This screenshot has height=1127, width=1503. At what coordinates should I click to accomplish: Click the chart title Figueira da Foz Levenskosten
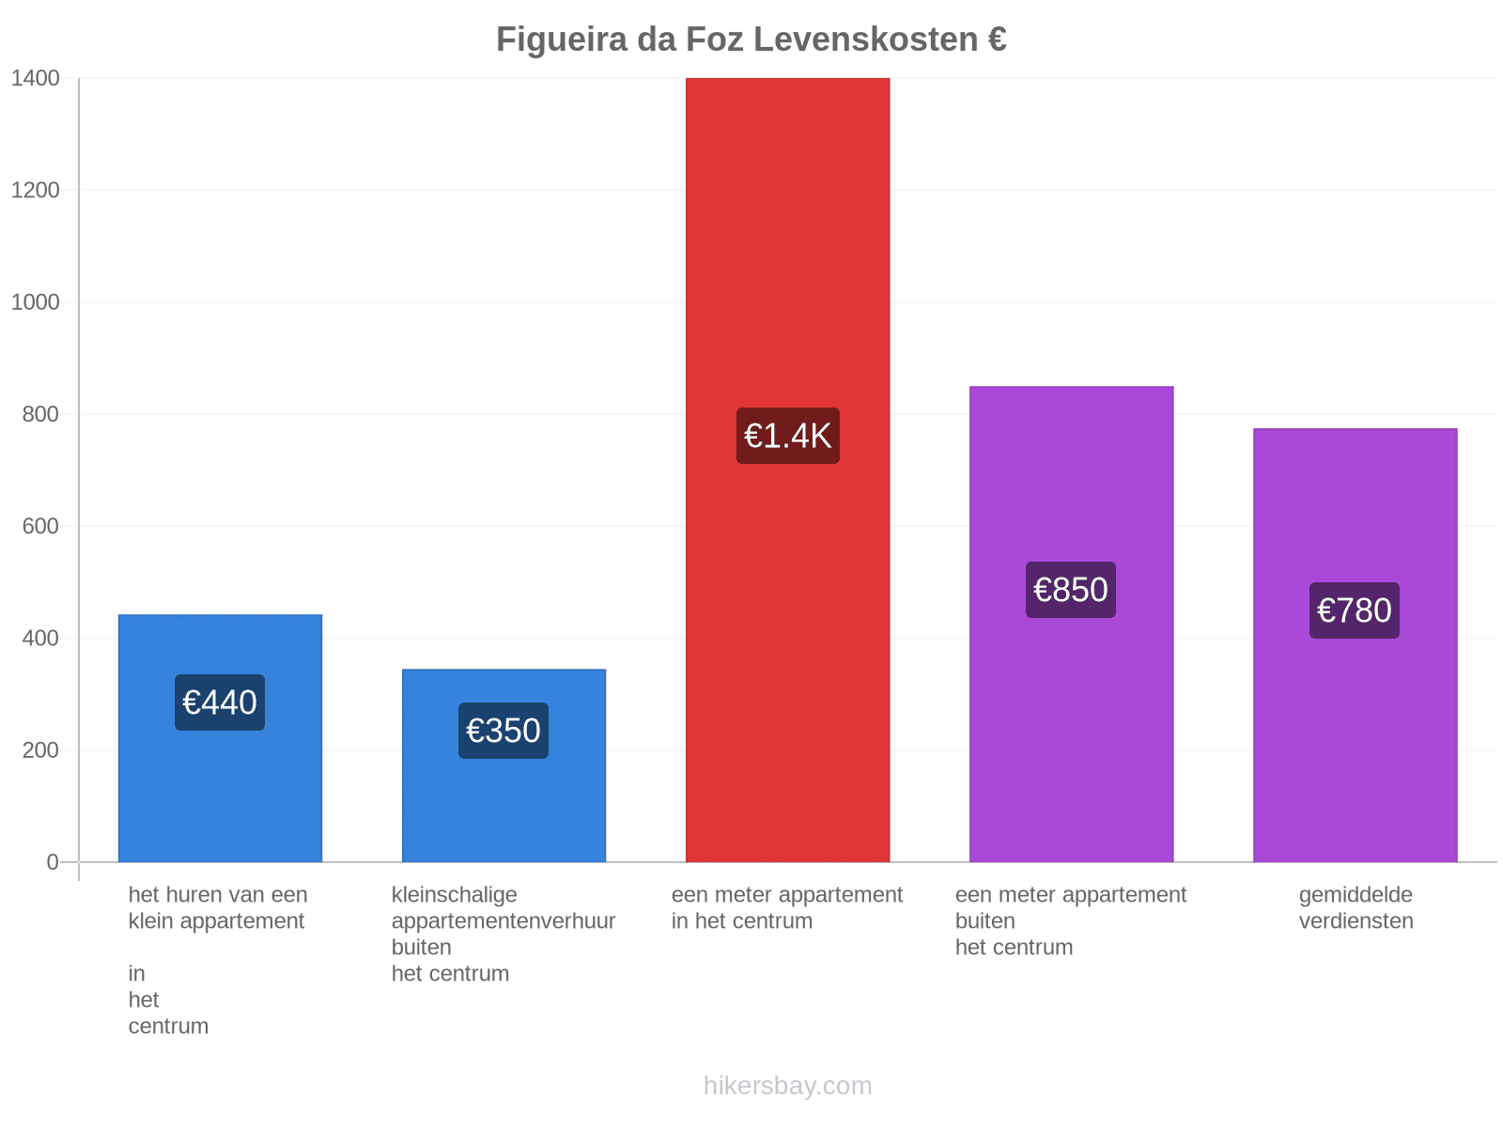coord(751,39)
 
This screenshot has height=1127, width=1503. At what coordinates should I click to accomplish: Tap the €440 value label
coord(220,702)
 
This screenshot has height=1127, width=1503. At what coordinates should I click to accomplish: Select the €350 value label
coord(504,731)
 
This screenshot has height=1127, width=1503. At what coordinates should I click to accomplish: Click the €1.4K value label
coord(787,436)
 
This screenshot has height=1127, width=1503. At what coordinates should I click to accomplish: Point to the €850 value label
coord(1070,590)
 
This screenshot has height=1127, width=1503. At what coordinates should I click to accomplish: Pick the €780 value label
coord(1355,610)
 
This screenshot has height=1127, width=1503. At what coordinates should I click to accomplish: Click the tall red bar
coord(787,471)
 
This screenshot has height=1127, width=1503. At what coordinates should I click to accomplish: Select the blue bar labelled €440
coord(220,738)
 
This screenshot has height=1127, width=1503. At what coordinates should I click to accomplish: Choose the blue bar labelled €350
coord(504,765)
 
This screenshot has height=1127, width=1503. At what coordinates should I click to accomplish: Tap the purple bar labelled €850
coord(1071,624)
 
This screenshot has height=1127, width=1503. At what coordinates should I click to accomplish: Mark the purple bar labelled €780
coord(1356,645)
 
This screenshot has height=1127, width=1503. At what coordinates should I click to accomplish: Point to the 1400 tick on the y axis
coord(35,78)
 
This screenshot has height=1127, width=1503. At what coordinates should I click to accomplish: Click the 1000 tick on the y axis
coord(35,301)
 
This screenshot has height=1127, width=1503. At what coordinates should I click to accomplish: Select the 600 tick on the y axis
coord(40,526)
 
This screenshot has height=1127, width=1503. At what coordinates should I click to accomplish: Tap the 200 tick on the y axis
coord(40,750)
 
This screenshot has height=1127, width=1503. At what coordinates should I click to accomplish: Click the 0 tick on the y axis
coord(53,862)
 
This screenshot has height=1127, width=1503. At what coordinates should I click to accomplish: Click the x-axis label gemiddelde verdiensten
coord(1356,908)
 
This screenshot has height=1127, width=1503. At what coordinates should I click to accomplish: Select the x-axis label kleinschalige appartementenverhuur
coord(504,908)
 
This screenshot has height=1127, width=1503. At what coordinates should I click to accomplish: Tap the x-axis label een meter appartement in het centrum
coord(787,908)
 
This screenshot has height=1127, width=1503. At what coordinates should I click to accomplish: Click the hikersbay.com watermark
coord(787,1086)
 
